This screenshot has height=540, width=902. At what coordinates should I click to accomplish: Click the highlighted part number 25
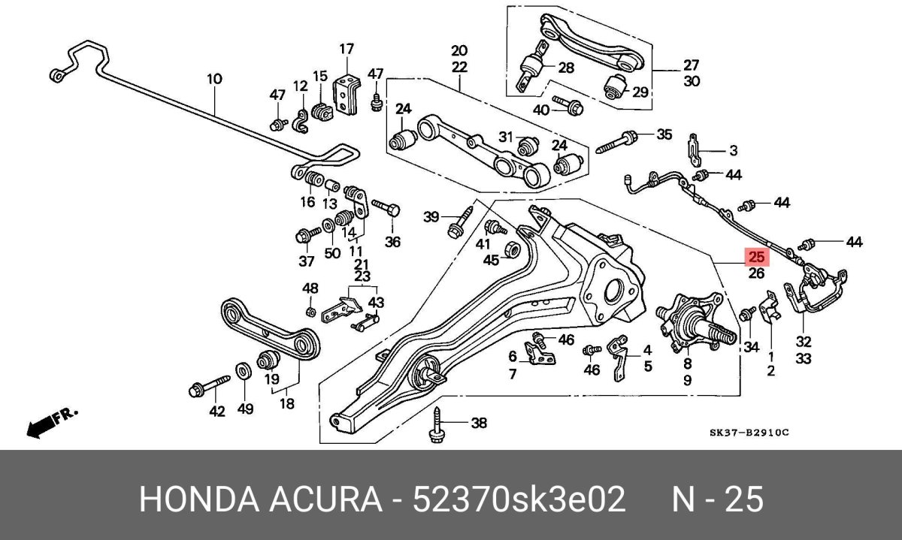(x=755, y=257)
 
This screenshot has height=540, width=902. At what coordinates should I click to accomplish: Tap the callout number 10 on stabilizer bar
(x=214, y=78)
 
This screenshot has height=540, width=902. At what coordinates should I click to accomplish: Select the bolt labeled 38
(x=437, y=426)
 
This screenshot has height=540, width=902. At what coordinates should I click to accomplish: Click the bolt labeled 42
(x=207, y=387)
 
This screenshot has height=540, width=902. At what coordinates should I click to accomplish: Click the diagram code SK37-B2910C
(x=750, y=433)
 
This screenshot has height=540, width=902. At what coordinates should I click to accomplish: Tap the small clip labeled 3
(x=697, y=150)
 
